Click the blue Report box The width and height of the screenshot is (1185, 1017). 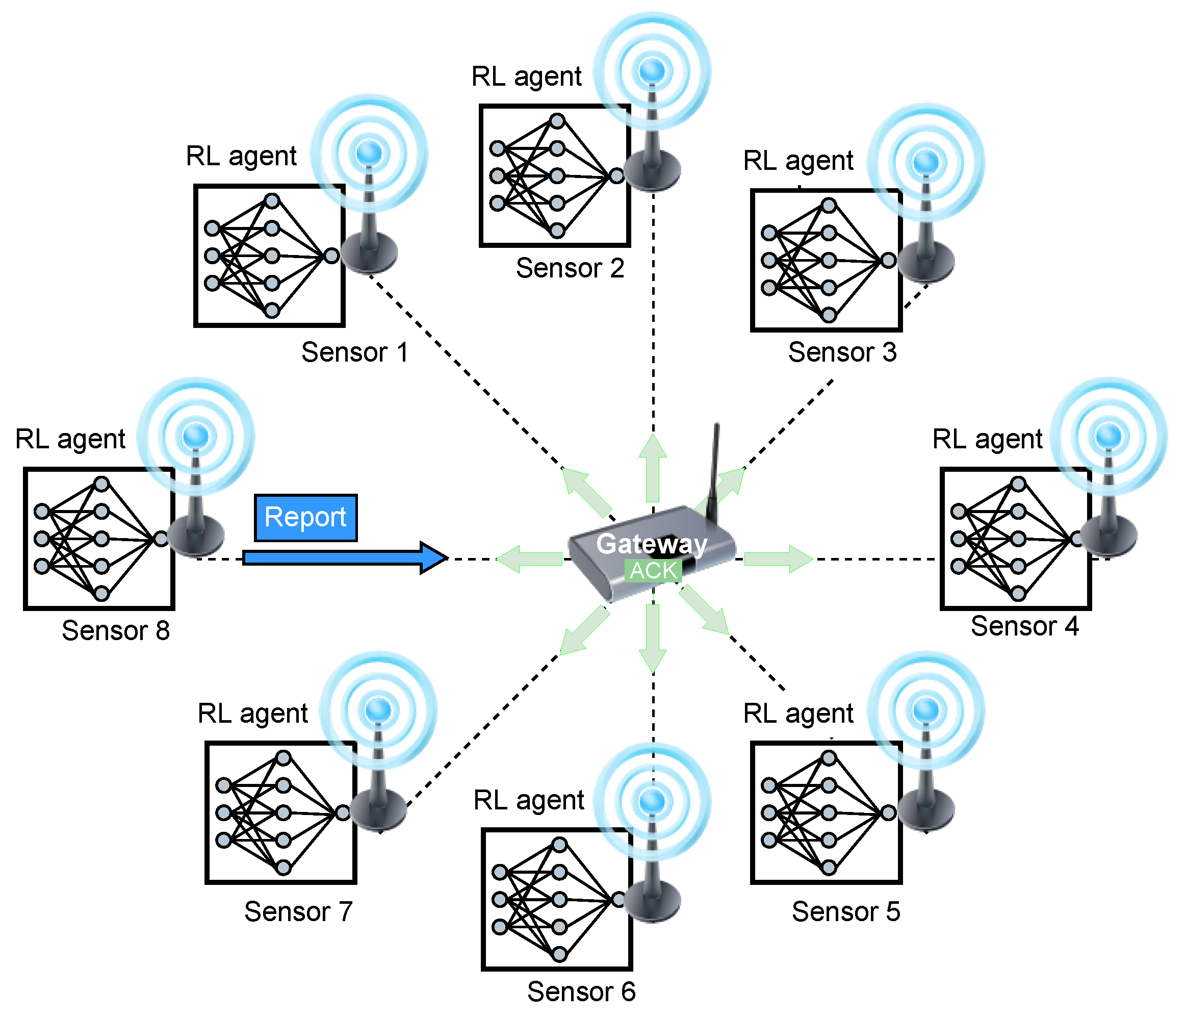coord(305,518)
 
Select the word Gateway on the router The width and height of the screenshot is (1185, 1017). coord(652,543)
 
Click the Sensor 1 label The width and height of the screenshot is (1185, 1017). coord(354,352)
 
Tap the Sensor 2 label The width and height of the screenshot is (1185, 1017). coord(570,268)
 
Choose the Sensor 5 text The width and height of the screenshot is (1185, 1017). coord(845,911)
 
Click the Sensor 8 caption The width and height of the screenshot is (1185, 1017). coord(116,630)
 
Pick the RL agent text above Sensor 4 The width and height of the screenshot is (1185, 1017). coord(987,439)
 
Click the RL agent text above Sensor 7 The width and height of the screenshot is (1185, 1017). coord(252,713)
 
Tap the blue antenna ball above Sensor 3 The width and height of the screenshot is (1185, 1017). coord(926,162)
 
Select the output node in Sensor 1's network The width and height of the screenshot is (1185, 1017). coord(331,256)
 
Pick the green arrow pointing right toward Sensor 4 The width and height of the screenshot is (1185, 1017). coord(778,558)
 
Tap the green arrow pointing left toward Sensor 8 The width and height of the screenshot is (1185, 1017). coord(530,558)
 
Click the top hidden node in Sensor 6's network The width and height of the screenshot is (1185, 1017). coord(559,844)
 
